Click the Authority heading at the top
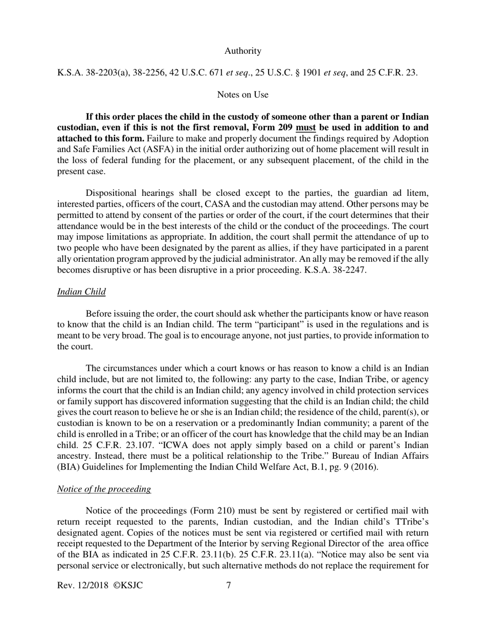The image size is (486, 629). pyautogui.click(x=242, y=51)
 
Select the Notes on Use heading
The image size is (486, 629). pyautogui.click(x=242, y=95)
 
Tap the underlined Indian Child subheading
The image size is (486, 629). pyautogui.click(x=81, y=292)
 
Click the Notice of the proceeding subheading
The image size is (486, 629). pyautogui.click(x=104, y=489)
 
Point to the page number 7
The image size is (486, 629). pyautogui.click(x=229, y=585)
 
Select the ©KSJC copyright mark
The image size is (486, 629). pyautogui.click(x=128, y=585)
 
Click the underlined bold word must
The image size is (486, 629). pyautogui.click(x=305, y=128)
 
